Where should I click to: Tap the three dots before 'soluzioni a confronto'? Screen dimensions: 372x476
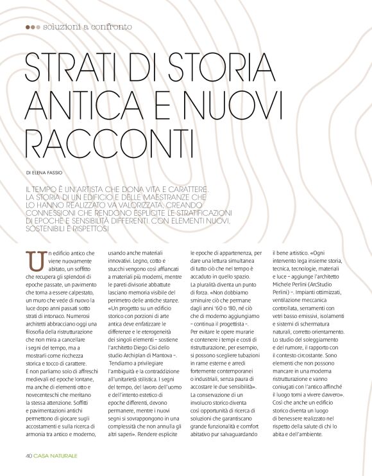point(32,28)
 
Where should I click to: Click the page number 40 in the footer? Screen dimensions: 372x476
point(30,455)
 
